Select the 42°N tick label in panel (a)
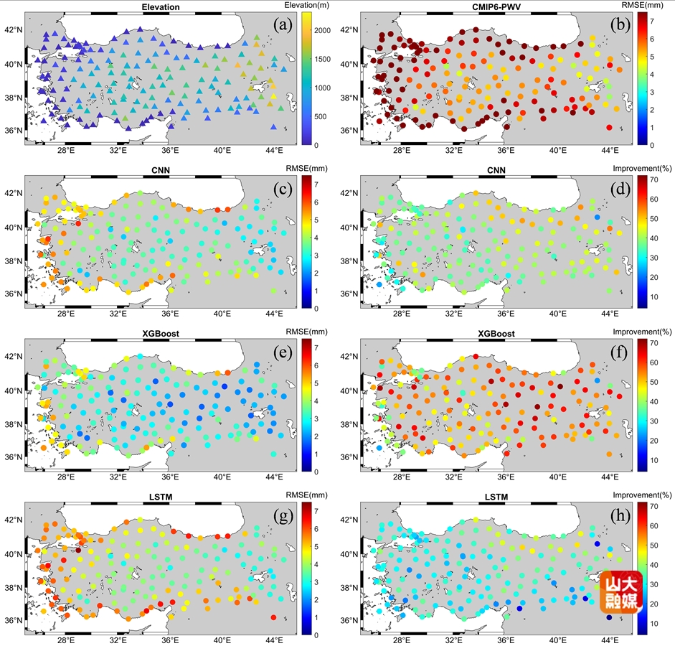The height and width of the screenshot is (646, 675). coord(15,30)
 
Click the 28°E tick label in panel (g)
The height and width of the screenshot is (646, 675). coord(66,640)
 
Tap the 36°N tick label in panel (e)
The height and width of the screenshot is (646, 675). coord(15,457)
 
